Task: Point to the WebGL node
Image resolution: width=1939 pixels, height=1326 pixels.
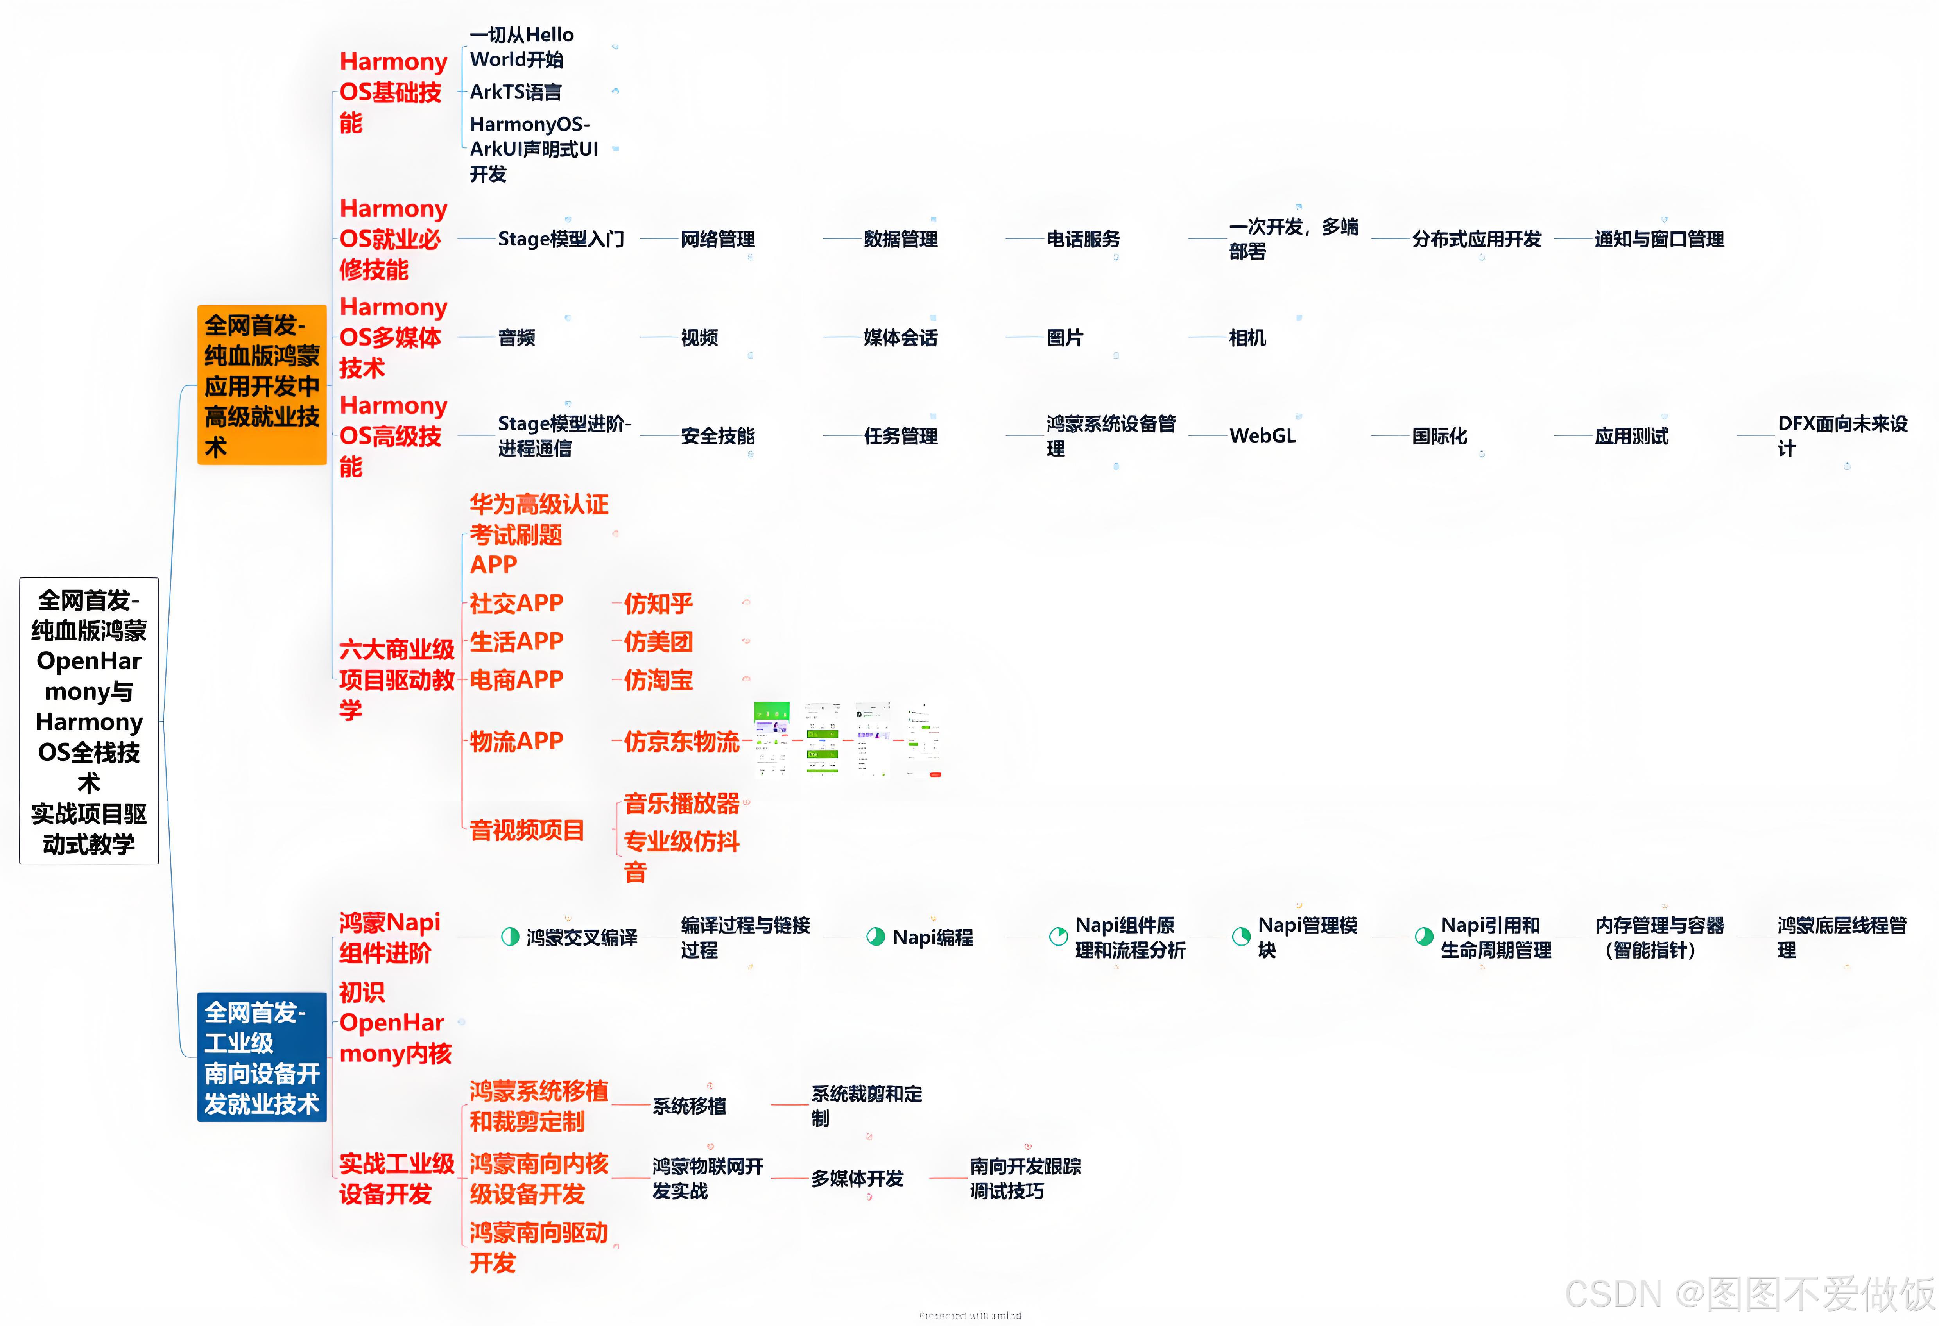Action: click(x=1262, y=435)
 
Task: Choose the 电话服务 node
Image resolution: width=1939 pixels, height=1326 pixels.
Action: click(x=1083, y=240)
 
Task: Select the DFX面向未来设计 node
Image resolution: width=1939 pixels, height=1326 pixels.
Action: click(x=1841, y=435)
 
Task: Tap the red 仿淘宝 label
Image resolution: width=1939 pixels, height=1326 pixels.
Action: click(x=658, y=680)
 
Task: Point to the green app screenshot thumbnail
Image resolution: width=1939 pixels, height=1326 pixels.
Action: click(x=772, y=739)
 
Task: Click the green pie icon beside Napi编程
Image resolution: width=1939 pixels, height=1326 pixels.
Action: click(x=875, y=937)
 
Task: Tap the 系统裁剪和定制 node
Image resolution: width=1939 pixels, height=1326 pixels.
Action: click(x=866, y=1106)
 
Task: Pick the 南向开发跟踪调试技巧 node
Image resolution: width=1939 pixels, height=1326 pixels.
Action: click(x=1025, y=1178)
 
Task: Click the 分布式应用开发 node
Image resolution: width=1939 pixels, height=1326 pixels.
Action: click(x=1476, y=240)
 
